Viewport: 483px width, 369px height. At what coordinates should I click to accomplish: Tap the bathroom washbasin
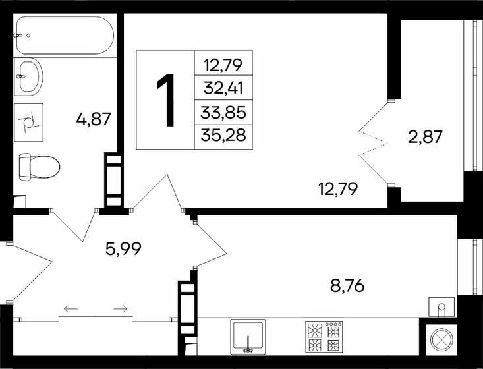coord(28,76)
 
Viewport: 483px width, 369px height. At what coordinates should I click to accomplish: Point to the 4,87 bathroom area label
coord(93,119)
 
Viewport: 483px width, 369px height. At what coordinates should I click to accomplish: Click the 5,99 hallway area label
coord(124,248)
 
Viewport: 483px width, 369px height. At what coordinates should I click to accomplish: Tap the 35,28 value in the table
coord(224,136)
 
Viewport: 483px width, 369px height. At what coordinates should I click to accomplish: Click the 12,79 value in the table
coord(224,64)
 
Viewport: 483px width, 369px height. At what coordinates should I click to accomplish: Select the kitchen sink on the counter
coord(248,336)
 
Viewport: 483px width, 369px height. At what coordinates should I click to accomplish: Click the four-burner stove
coord(324,337)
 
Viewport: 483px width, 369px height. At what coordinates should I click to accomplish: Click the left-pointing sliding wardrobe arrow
coord(71,308)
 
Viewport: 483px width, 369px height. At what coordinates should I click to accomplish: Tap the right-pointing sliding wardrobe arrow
coord(120,308)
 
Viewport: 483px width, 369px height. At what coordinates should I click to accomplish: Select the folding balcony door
coord(374,142)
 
